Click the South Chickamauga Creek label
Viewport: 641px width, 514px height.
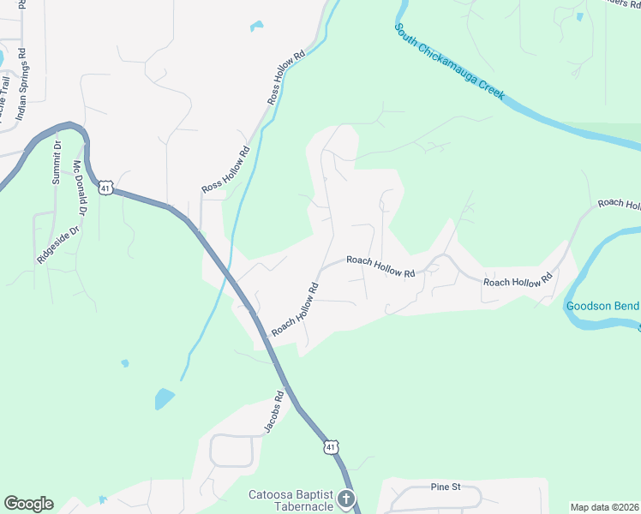[x=449, y=62]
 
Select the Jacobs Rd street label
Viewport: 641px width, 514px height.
[x=273, y=412]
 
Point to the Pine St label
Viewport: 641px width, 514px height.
[x=445, y=487]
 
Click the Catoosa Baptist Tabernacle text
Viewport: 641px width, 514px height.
[x=291, y=499]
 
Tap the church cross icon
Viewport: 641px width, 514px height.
[x=346, y=499]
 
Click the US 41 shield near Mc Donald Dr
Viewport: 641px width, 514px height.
[x=105, y=187]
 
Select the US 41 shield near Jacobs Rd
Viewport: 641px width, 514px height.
[x=332, y=446]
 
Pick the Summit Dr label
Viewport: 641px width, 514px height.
[x=57, y=164]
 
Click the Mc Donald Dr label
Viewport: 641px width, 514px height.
[x=81, y=188]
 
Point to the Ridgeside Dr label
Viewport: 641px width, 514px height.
[x=58, y=242]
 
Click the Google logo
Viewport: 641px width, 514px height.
[x=28, y=504]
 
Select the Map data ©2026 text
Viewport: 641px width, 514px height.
[x=605, y=506]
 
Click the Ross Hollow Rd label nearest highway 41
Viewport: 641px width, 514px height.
[x=225, y=169]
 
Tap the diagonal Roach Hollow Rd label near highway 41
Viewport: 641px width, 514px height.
[x=296, y=309]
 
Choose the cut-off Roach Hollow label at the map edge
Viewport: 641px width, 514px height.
[x=619, y=204]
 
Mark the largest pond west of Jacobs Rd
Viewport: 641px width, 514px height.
[x=163, y=398]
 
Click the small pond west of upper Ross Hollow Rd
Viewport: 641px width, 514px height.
[x=256, y=26]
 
